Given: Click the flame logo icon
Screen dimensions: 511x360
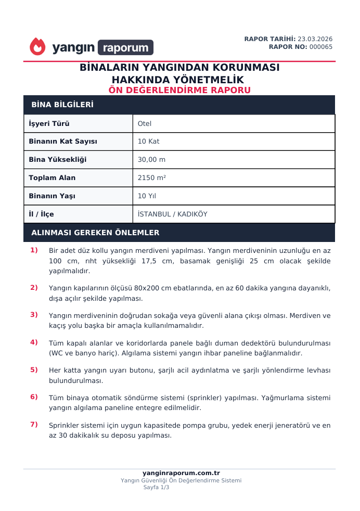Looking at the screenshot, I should (37, 47).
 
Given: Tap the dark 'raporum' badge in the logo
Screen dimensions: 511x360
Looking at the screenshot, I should (125, 48).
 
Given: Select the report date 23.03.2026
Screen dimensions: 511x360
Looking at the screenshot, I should (315, 39).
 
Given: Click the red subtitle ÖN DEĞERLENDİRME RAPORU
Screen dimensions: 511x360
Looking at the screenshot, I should (179, 90).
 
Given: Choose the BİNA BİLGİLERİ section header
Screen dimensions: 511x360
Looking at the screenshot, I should (62, 105).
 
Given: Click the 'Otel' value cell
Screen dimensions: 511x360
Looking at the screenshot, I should (145, 124).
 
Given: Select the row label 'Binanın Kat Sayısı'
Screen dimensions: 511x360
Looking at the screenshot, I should (63, 142).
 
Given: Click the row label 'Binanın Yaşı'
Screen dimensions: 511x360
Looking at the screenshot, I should (52, 196).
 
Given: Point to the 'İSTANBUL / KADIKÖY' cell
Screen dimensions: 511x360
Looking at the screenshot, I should (172, 214).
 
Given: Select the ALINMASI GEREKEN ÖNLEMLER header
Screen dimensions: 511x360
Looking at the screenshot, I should (95, 233).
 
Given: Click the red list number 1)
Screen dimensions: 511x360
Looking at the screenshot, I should (34, 250).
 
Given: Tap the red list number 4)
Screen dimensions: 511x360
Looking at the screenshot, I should (34, 342).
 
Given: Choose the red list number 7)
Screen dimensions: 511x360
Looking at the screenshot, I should (34, 425).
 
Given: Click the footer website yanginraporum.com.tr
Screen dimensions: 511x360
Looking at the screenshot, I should (181, 473).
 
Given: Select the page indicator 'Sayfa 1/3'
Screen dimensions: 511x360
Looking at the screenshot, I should (156, 488).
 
